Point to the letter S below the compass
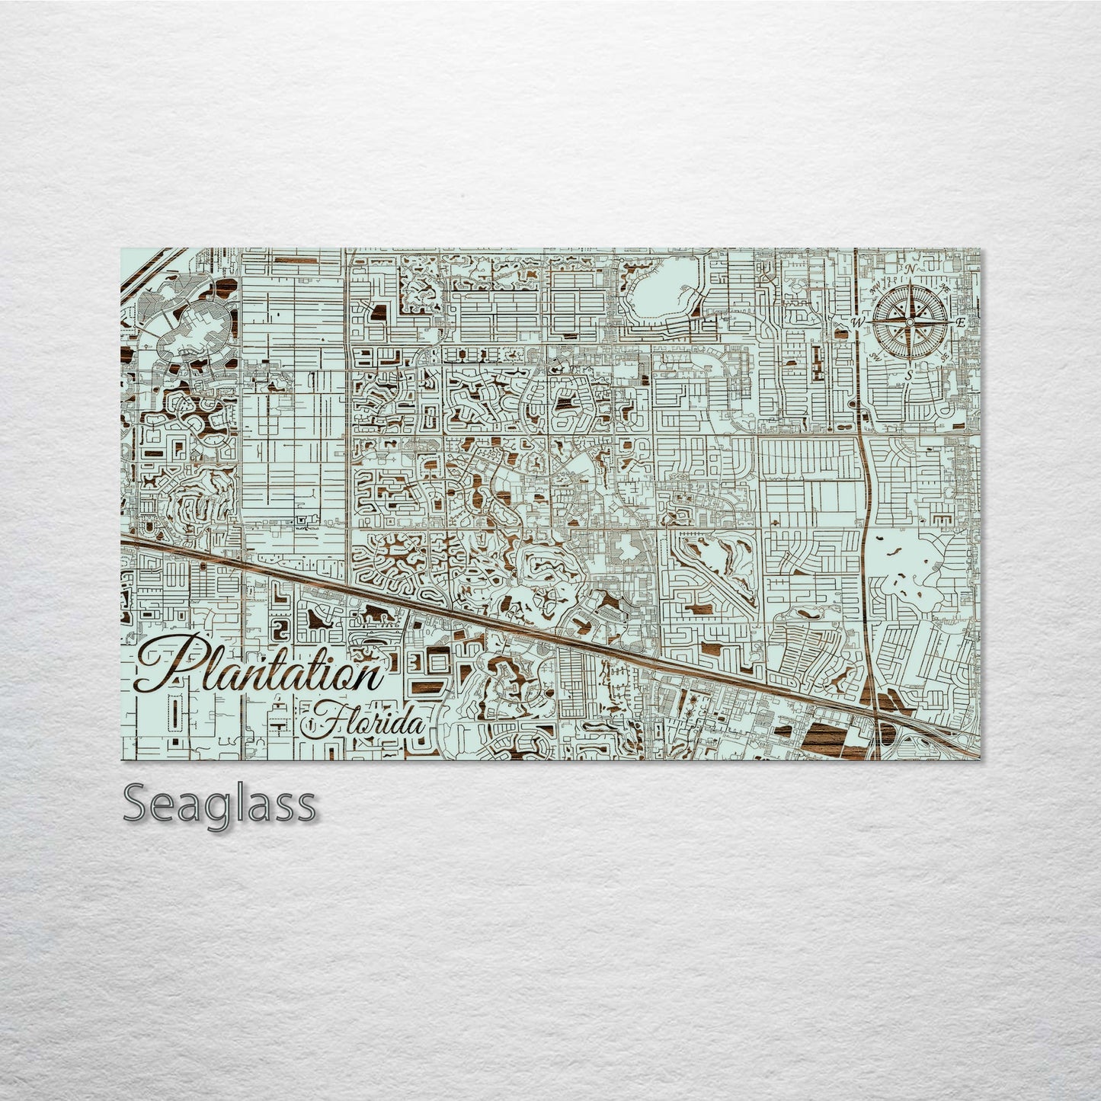click(x=908, y=376)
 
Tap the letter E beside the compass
click(x=960, y=322)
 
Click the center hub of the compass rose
click(x=909, y=322)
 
